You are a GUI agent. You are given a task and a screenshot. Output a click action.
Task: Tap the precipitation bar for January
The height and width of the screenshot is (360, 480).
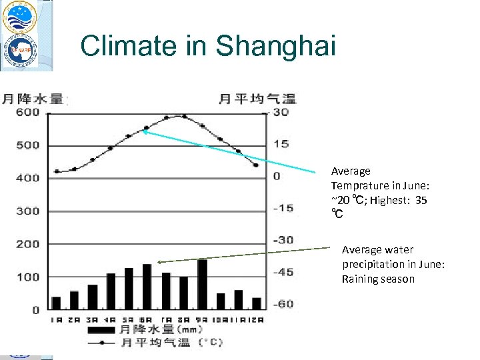pyautogui.click(x=56, y=303)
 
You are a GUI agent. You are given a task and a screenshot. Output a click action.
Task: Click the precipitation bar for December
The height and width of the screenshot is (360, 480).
pyautogui.click(x=257, y=303)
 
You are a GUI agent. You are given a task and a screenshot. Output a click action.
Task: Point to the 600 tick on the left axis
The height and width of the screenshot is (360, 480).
pyautogui.click(x=28, y=113)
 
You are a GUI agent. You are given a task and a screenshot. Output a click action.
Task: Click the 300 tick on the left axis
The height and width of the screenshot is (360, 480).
pyautogui.click(x=28, y=211)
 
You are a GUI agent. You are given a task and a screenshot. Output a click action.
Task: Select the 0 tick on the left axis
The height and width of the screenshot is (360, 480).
pyautogui.click(x=35, y=310)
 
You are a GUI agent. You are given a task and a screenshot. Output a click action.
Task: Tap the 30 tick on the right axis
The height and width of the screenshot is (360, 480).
pyautogui.click(x=281, y=113)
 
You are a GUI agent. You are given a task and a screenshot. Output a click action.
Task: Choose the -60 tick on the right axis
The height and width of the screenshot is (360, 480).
pyautogui.click(x=283, y=304)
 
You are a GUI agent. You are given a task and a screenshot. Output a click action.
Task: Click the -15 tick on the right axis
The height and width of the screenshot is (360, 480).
pyautogui.click(x=283, y=208)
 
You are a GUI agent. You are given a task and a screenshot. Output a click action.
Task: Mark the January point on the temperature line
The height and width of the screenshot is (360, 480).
pyautogui.click(x=57, y=171)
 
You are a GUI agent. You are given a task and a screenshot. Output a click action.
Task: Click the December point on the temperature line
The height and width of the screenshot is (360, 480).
pyautogui.click(x=256, y=165)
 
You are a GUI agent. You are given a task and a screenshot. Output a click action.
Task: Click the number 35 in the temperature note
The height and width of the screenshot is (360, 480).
pyautogui.click(x=420, y=200)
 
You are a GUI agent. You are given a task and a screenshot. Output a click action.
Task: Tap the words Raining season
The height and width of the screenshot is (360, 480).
pyautogui.click(x=378, y=279)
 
